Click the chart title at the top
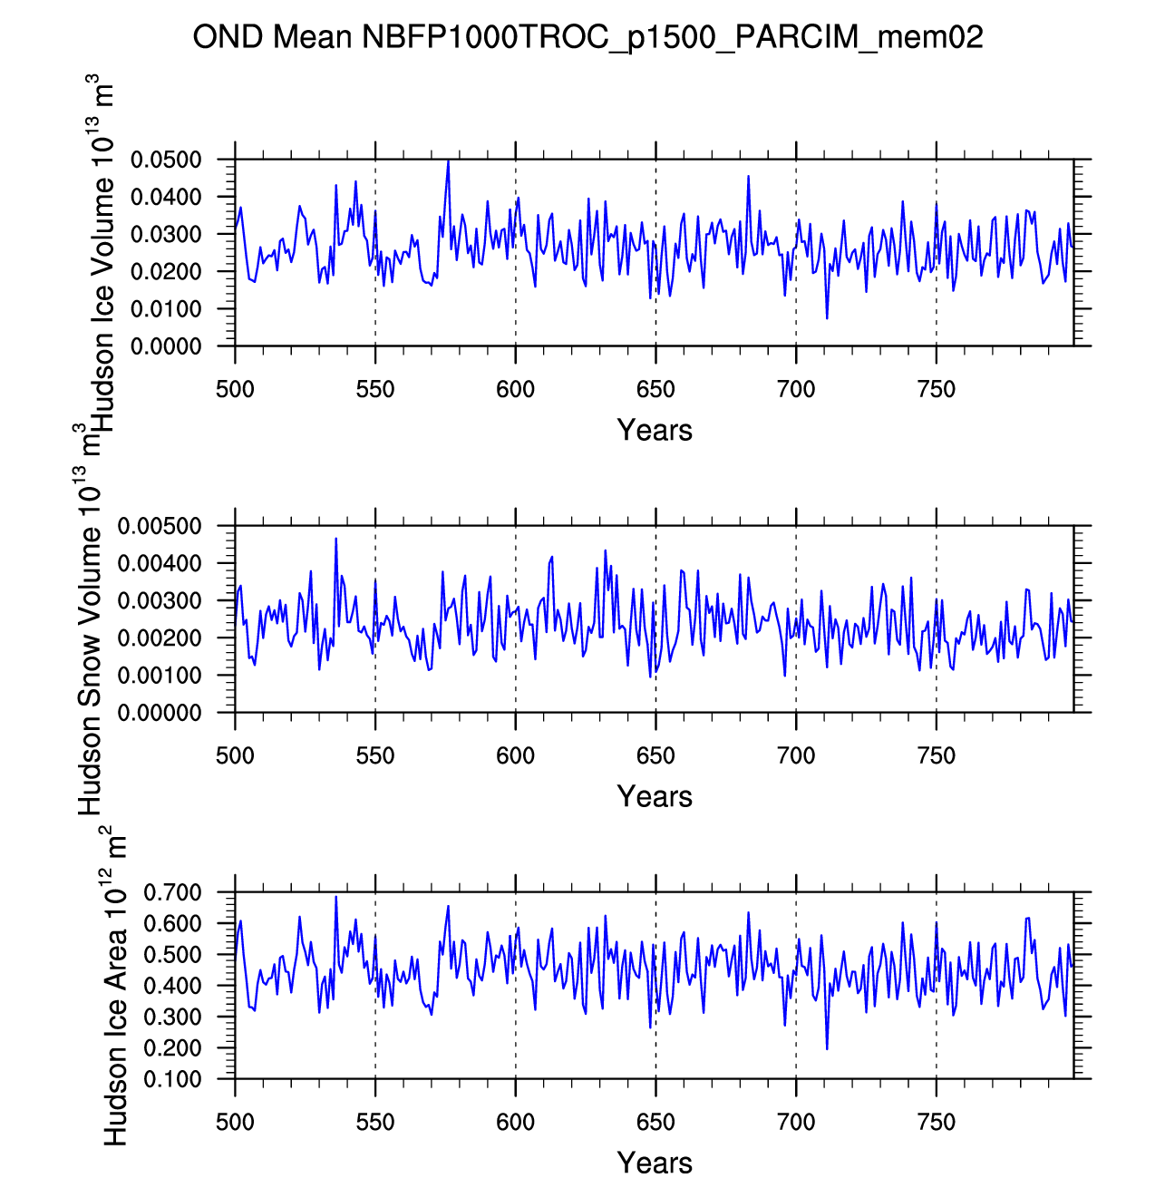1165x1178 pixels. [x=587, y=37]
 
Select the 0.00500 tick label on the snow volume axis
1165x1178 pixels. [x=160, y=527]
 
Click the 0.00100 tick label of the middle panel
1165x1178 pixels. [x=160, y=676]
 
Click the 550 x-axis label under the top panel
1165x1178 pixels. [x=375, y=390]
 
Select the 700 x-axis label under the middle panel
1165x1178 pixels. [x=796, y=756]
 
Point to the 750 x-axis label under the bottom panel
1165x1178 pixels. [x=936, y=1123]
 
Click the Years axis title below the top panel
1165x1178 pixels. [x=655, y=430]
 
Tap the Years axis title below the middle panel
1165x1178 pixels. [x=655, y=796]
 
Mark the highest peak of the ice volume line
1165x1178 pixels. [x=448, y=161]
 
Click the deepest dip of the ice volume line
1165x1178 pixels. [x=827, y=318]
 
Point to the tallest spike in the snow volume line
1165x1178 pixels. [x=335, y=539]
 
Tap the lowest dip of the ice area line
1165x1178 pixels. [x=827, y=1049]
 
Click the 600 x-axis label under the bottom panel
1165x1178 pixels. [x=515, y=1123]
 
